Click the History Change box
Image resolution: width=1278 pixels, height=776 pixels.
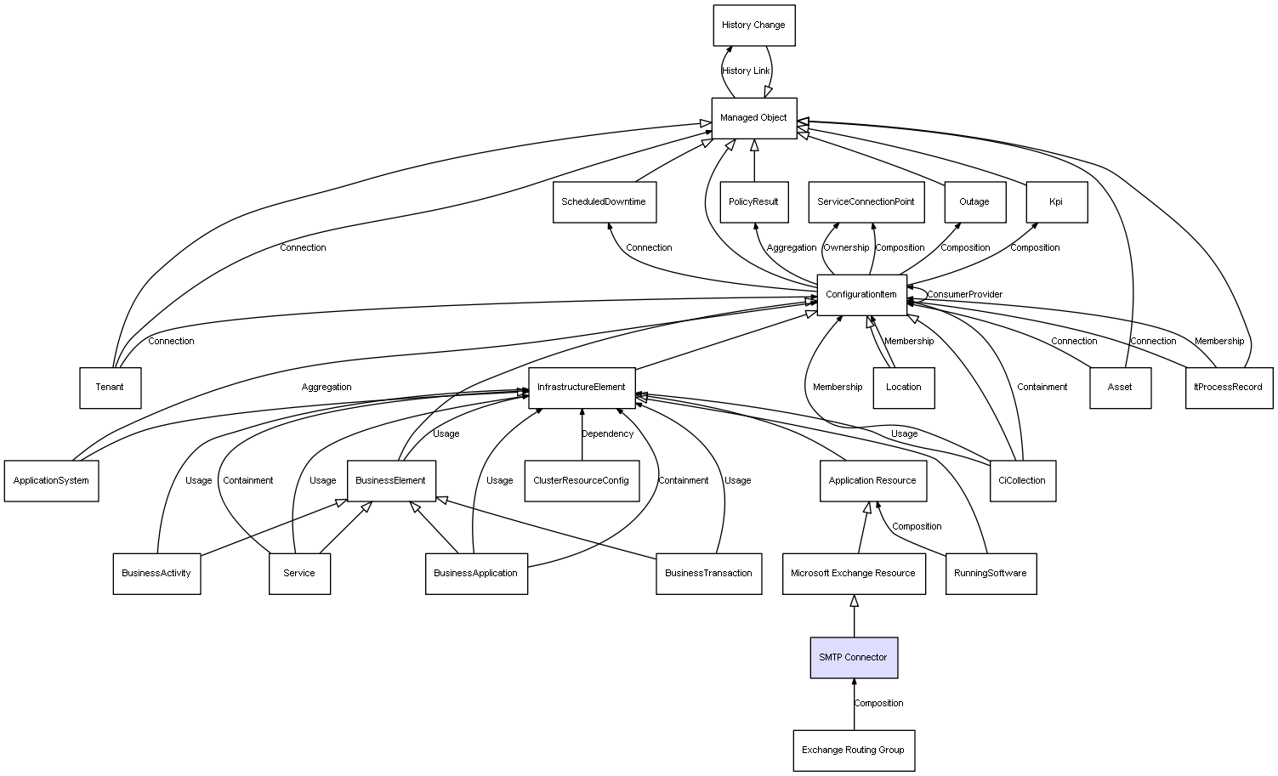753,25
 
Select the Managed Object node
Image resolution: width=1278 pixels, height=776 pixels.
753,118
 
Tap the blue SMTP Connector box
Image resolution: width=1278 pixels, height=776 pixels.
854,657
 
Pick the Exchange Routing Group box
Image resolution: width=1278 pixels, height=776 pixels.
854,751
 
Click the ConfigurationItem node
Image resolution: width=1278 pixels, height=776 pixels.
861,295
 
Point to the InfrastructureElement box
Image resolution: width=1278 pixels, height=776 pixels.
582,388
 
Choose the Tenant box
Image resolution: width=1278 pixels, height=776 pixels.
110,388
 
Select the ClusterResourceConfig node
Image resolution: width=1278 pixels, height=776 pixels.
582,481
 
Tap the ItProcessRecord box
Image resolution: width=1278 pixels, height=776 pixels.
1229,388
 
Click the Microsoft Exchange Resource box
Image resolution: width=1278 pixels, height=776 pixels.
854,574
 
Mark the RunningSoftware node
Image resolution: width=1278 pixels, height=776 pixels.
991,574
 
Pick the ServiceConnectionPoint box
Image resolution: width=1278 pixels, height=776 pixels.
866,201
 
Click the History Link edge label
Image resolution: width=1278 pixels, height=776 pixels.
746,71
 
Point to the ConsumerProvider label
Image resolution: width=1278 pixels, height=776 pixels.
965,294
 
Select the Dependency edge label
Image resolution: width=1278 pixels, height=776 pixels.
608,434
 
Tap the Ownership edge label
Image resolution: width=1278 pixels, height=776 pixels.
846,247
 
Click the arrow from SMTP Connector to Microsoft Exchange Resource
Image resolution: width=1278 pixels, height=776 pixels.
854,615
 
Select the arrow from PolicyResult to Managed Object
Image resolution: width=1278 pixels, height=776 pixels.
754,161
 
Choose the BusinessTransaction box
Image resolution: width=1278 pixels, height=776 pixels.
708,574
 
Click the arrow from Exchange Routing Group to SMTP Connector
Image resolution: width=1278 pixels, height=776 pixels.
854,704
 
